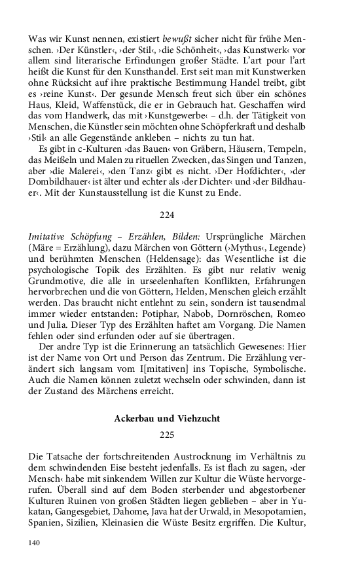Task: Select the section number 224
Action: coord(168,215)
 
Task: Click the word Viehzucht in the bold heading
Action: coord(195,417)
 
